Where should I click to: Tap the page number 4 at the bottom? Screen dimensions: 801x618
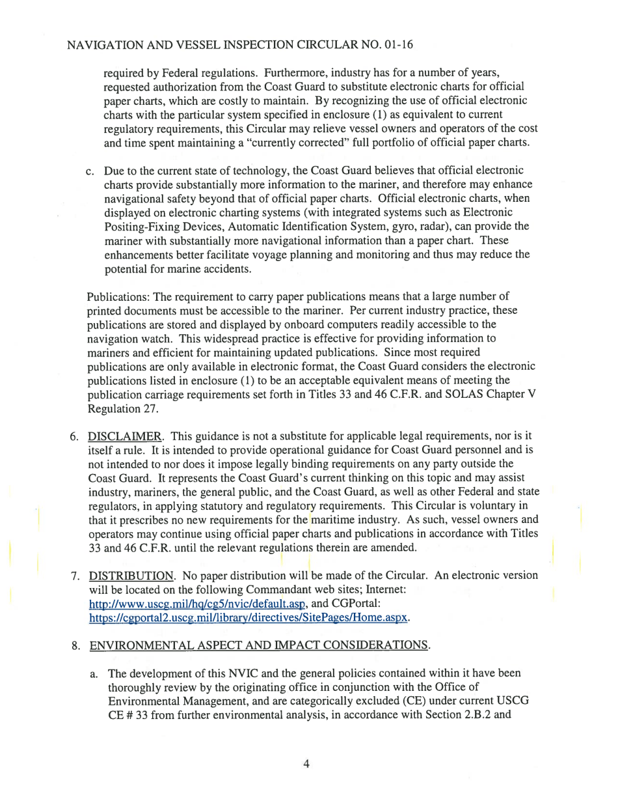click(x=305, y=764)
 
